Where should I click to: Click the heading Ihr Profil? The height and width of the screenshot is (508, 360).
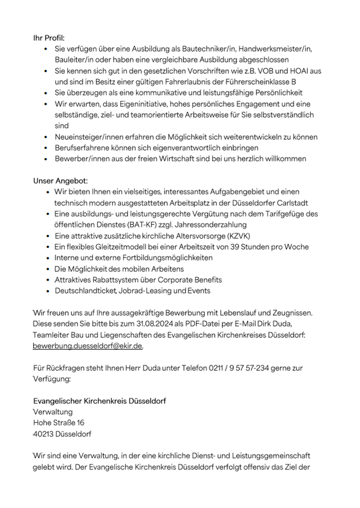coord(49,38)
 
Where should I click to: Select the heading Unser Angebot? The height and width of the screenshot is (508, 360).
coord(60,180)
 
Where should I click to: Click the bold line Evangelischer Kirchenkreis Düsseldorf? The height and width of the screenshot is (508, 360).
coord(99,401)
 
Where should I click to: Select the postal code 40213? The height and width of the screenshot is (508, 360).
coord(44,434)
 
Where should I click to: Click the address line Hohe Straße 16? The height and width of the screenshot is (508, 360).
coord(58,423)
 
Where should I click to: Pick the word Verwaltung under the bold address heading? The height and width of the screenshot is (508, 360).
coord(53,412)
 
